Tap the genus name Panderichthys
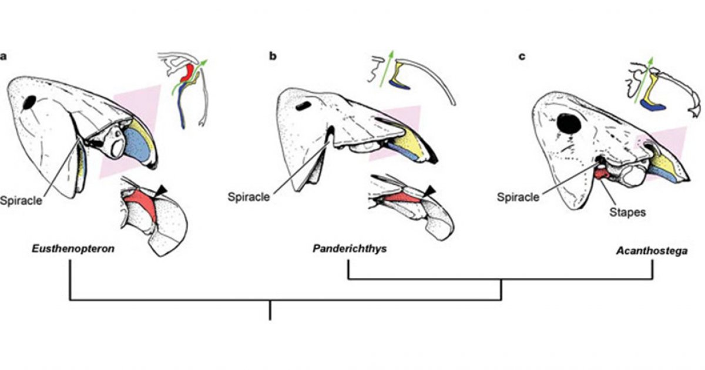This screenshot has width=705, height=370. point(349,249)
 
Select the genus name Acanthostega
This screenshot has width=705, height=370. point(652,250)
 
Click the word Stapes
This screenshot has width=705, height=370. point(629,213)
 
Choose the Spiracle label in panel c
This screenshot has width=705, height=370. point(518,197)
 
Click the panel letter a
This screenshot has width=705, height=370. point(5,56)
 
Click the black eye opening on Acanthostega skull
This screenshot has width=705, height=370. point(568,123)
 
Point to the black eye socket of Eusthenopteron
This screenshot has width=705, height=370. point(29,103)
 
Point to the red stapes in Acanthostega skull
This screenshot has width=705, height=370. point(600,173)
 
